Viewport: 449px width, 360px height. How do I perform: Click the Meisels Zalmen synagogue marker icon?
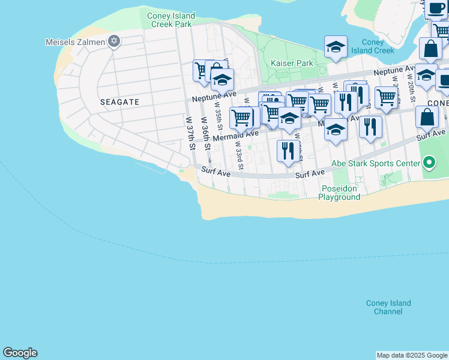click(114, 41)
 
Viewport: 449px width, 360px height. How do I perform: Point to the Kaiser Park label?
click(292, 63)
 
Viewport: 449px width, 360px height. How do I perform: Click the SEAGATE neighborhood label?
click(119, 102)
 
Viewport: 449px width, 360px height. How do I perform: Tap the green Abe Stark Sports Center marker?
click(429, 163)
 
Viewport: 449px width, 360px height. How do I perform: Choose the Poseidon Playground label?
click(339, 193)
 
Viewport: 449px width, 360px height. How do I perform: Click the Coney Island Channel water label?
click(388, 307)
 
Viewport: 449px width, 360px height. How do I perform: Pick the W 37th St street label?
click(191, 133)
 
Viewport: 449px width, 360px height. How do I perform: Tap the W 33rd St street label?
click(238, 154)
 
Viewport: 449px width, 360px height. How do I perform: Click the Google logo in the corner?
click(20, 353)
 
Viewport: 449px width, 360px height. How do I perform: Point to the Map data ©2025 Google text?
click(411, 355)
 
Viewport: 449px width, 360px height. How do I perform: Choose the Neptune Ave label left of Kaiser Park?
click(214, 97)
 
